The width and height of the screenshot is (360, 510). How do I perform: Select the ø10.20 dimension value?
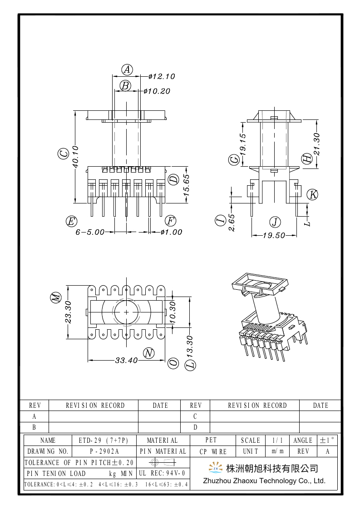click(x=157, y=91)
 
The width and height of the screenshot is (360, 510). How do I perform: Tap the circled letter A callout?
click(x=128, y=69)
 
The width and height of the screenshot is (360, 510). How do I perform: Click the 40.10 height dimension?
click(x=75, y=157)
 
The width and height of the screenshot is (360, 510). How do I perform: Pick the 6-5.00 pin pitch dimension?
click(x=90, y=232)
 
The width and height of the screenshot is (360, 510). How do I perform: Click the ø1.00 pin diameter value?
click(x=171, y=232)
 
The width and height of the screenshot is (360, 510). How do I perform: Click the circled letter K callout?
click(x=312, y=194)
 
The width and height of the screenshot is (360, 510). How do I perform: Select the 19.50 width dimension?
click(x=274, y=235)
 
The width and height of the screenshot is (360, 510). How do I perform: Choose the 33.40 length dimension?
click(x=126, y=361)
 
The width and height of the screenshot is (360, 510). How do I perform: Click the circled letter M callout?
click(x=55, y=298)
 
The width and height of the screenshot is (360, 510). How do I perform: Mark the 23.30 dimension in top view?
click(x=69, y=312)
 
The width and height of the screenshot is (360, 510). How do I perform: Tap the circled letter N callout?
click(x=148, y=353)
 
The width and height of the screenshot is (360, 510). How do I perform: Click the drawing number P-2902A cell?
click(x=104, y=451)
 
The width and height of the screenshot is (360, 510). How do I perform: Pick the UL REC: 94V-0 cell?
click(x=162, y=473)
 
